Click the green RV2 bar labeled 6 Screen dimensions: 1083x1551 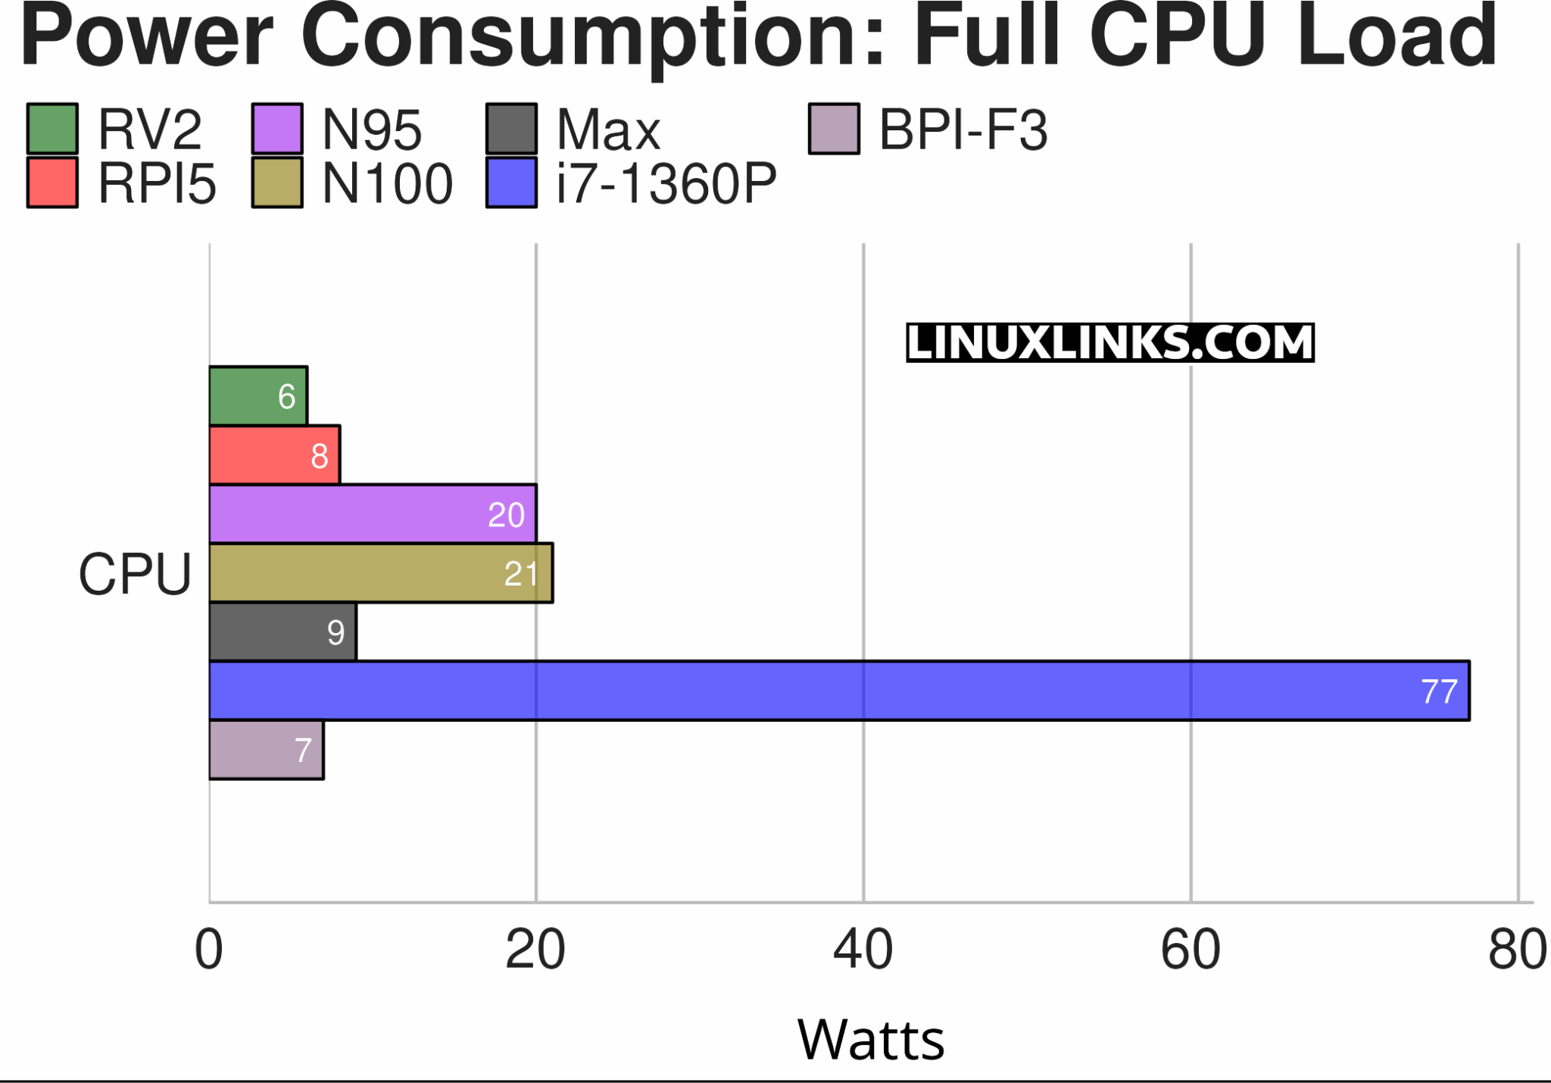257,396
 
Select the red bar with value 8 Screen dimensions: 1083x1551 274,455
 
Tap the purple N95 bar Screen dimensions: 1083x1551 372,514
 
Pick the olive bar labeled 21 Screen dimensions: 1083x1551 380,573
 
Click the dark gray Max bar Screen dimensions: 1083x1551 282,632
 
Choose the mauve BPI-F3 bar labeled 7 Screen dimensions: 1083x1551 266,751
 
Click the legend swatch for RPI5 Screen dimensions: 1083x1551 52,183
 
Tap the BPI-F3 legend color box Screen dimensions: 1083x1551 834,129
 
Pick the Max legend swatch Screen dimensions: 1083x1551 512,129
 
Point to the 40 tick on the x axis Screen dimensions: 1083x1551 863,950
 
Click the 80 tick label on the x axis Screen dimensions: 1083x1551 1517,950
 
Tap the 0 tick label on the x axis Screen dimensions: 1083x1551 209,950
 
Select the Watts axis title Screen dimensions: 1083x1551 871,1040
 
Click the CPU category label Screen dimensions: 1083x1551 135,574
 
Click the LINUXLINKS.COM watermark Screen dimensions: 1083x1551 1109,342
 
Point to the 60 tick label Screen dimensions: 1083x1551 1190,950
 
